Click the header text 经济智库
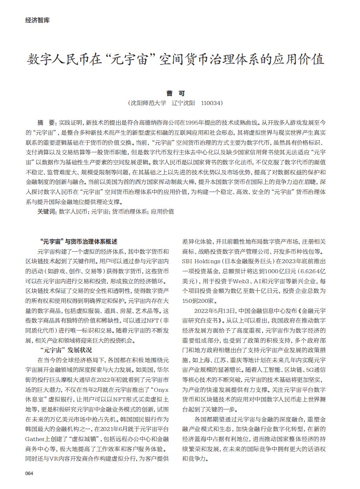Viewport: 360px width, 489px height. [x=38, y=20]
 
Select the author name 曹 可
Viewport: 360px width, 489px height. [x=180, y=93]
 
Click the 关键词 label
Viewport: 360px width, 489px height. [x=47, y=211]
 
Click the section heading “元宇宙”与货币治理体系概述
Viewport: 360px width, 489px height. [x=78, y=241]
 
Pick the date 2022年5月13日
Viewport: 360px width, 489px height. [x=213, y=311]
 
